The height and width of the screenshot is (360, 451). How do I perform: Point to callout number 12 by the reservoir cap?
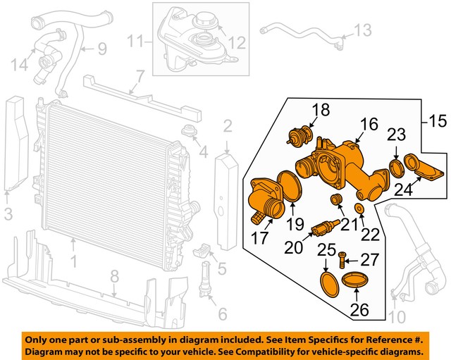[237, 44]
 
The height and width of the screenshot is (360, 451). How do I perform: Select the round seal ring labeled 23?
[396, 168]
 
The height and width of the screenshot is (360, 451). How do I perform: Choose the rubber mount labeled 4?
[188, 131]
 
